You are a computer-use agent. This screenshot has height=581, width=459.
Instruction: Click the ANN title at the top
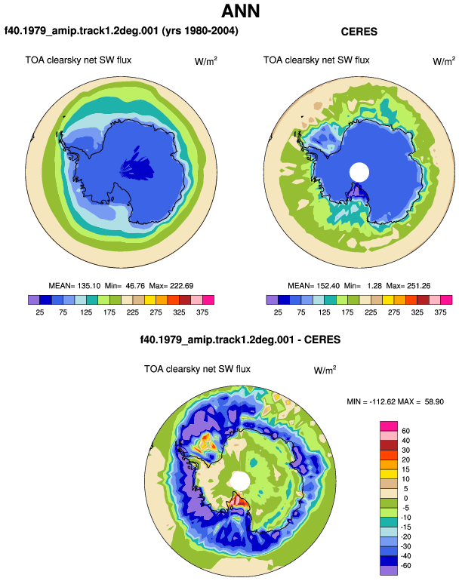click(241, 11)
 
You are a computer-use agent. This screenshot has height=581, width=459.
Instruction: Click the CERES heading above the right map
click(359, 32)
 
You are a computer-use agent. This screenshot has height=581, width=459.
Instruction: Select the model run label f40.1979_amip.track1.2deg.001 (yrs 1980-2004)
click(122, 30)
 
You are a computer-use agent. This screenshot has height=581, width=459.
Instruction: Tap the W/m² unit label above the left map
click(206, 61)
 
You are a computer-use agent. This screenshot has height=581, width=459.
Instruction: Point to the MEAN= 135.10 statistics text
click(75, 286)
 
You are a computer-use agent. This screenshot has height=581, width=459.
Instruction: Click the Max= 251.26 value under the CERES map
click(408, 286)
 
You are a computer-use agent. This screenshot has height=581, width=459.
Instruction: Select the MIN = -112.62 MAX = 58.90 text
click(396, 401)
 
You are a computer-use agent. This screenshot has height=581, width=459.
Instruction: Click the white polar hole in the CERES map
click(359, 172)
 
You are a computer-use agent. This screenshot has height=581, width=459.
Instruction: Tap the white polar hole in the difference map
click(240, 481)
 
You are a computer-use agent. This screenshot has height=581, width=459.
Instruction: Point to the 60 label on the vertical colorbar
click(405, 431)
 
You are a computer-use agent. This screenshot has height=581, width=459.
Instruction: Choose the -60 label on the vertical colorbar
click(405, 565)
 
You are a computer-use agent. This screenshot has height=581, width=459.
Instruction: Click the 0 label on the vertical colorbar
click(405, 498)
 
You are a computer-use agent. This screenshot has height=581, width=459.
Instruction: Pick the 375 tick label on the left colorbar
click(202, 312)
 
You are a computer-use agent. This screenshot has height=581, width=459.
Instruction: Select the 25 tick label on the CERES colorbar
click(278, 312)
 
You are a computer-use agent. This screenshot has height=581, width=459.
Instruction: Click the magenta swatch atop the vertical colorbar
click(389, 426)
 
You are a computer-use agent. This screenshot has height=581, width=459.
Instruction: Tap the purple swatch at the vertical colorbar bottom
click(389, 570)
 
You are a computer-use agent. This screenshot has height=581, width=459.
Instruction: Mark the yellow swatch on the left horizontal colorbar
click(150, 300)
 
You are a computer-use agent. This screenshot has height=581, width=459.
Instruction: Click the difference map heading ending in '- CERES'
click(240, 340)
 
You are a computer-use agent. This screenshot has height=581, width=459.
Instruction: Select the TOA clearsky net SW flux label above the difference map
click(197, 369)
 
